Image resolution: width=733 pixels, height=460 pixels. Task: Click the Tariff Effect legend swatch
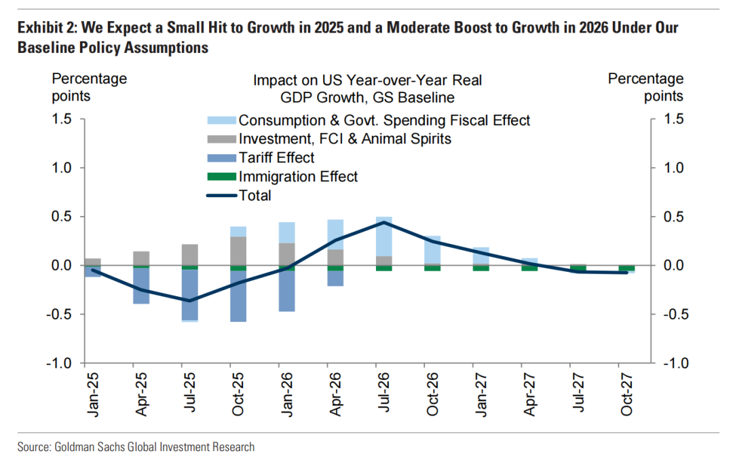(221, 158)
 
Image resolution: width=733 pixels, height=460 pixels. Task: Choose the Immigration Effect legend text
(298, 177)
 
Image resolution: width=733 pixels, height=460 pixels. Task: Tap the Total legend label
(255, 196)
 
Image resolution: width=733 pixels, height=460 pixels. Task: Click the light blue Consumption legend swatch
(221, 120)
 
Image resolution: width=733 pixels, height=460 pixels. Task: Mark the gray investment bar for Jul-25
(190, 255)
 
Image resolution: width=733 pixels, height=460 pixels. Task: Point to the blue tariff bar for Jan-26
(286, 291)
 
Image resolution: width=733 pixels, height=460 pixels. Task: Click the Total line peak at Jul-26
(383, 222)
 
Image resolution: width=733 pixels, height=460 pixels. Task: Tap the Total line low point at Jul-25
(190, 300)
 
